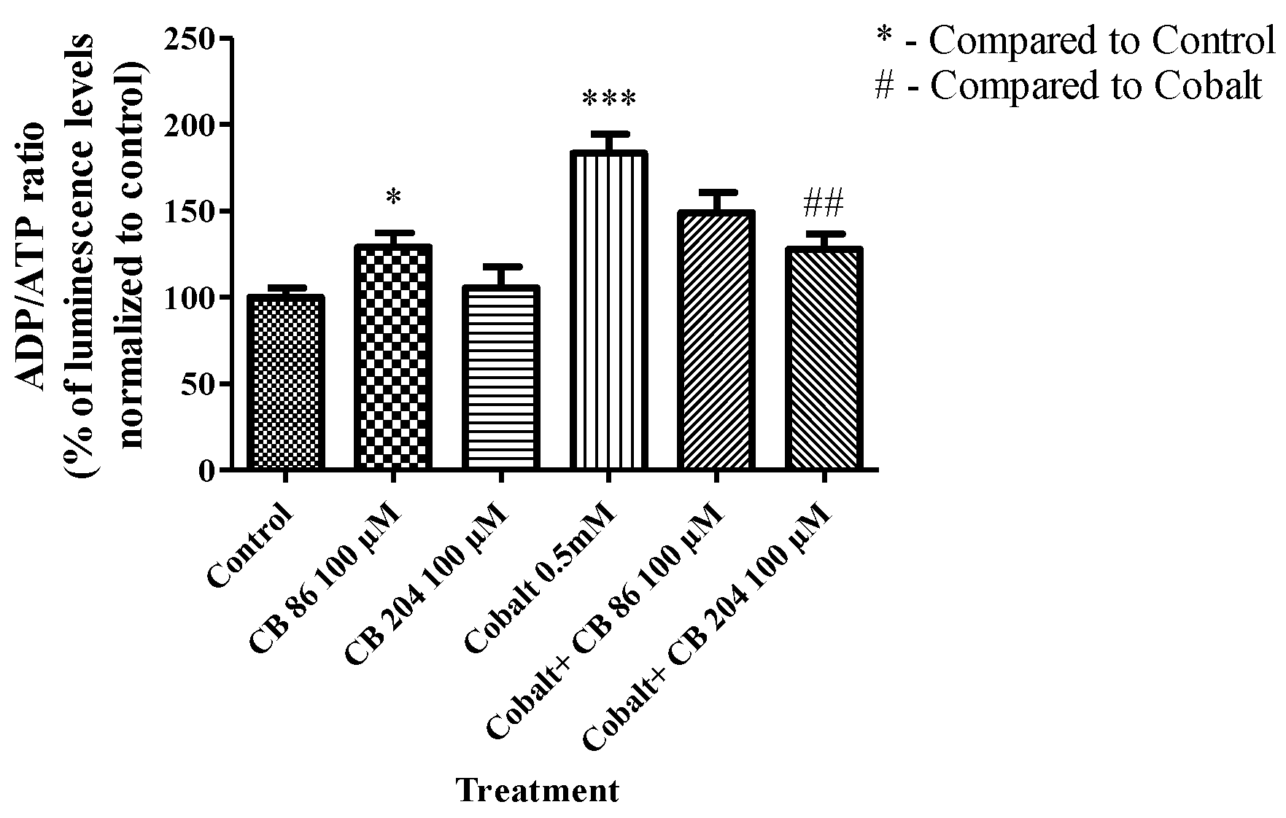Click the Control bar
point(284,383)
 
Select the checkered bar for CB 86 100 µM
point(393,357)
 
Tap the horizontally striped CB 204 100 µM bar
point(500,378)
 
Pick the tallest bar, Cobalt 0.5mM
point(608,310)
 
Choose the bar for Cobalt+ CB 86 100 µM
point(716,340)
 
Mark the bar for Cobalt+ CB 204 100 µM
point(824,358)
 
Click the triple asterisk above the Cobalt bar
point(608,98)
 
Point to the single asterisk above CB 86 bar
point(393,197)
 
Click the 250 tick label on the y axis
point(191,39)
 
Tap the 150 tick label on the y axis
point(191,211)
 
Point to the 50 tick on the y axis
point(198,384)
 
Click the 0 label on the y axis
point(206,471)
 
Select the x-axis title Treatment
point(538,790)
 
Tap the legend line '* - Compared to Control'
point(1075,41)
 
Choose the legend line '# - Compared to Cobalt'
point(1068,86)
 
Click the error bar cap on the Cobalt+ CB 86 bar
point(716,192)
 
